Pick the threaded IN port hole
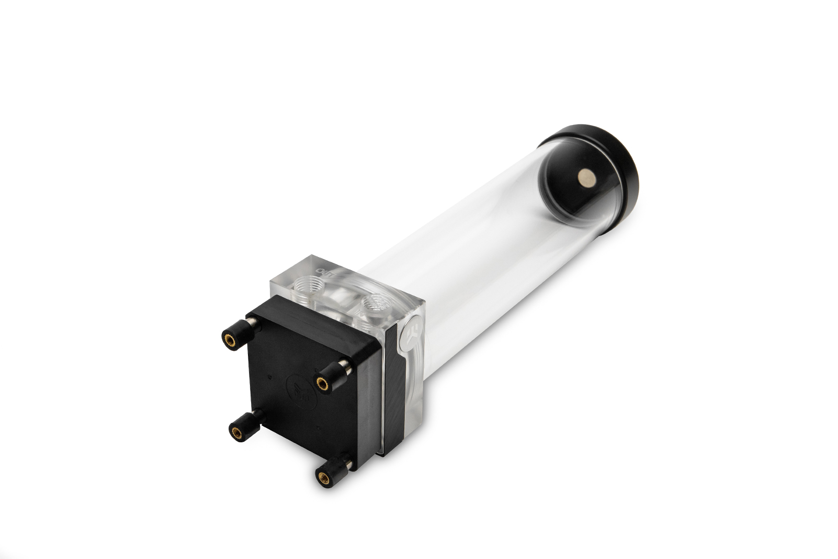pos(372,305)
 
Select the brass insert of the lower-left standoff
pos(236,432)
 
